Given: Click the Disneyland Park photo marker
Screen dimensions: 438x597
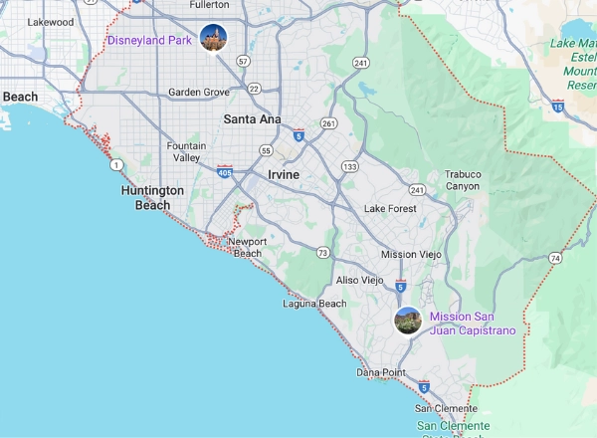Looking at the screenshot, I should pos(213,39).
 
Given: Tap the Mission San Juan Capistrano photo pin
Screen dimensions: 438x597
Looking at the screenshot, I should pos(407,321).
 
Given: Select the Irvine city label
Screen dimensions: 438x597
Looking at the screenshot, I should pos(284,174).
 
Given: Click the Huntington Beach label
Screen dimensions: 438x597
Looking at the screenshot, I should pos(152,197).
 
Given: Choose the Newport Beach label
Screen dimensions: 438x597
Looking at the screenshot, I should pos(247,247).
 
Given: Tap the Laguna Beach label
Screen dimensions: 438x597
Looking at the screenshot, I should pos(314,304).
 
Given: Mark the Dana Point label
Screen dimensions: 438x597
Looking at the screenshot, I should pos(381,372).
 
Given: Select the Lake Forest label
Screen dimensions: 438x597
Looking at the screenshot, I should pos(389,208).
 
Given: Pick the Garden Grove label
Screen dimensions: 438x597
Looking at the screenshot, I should pos(198,93).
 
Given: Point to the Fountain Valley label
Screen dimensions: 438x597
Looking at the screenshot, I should pos(187,152).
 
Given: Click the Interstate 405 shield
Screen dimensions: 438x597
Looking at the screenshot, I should pos(225,171).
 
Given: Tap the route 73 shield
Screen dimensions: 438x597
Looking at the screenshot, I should pos(323,253).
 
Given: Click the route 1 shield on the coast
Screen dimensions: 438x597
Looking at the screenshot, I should pos(117,164).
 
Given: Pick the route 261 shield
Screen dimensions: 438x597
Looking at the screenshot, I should pos(328,123).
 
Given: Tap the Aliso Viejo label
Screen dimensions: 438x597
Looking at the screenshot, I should pos(359,281).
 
